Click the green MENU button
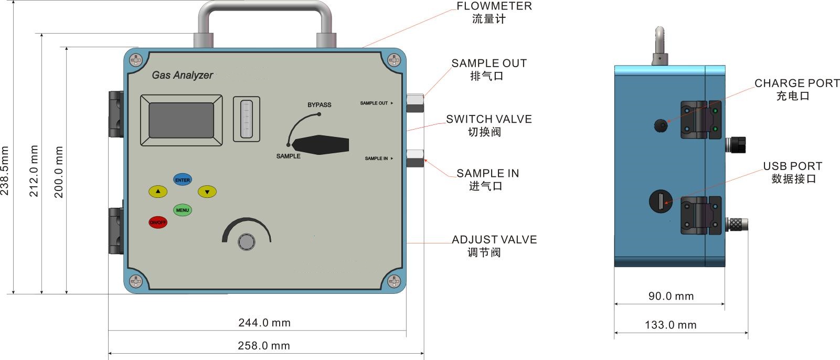pos(182,210)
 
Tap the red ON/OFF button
pos(157,222)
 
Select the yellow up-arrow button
pos(157,192)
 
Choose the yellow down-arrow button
pos(207,192)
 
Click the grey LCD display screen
pos(181,120)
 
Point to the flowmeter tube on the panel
pos(246,119)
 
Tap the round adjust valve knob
pos(246,241)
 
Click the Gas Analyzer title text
pos(182,75)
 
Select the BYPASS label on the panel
pos(319,104)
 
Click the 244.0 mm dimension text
pos(264,323)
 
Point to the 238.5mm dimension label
pos(5,171)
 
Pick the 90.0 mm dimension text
pos(671,296)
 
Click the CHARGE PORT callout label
pos(796,83)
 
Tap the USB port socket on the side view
pos(661,201)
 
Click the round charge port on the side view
pos(661,125)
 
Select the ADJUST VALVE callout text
pos(494,240)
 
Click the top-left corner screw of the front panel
pos(136,60)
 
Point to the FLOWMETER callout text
pos(494,6)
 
